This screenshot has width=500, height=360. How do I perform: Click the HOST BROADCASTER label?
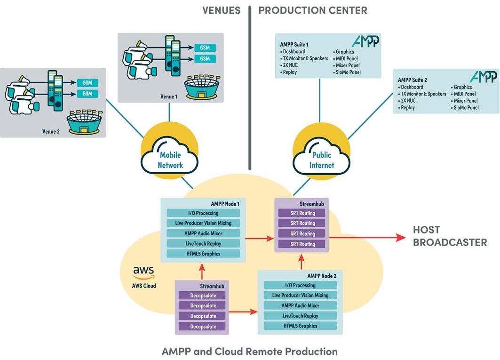point(450,236)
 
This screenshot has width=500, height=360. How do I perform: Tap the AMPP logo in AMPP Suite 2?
point(483,77)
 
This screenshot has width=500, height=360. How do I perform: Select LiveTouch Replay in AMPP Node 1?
point(203,244)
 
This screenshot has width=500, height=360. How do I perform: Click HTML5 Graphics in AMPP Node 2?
point(301,326)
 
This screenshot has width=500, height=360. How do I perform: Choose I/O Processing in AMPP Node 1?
point(203,213)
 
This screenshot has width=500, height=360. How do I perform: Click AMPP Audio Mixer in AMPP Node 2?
point(301,305)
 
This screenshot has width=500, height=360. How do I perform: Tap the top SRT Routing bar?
point(302,213)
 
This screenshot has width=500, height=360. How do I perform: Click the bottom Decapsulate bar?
point(203,327)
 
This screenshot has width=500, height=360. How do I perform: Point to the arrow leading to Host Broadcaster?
point(367,238)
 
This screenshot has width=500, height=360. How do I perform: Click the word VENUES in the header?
point(222,10)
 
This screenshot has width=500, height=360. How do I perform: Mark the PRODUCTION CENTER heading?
point(313,10)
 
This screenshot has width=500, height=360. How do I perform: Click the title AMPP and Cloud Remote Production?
point(250,352)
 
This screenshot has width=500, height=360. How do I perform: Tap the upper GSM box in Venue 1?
point(205,48)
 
